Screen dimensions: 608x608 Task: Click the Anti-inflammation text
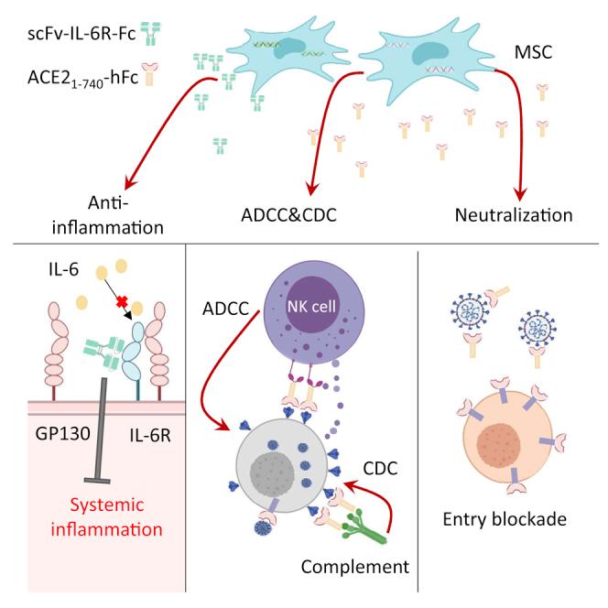click(114, 214)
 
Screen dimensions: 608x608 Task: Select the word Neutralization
click(513, 216)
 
